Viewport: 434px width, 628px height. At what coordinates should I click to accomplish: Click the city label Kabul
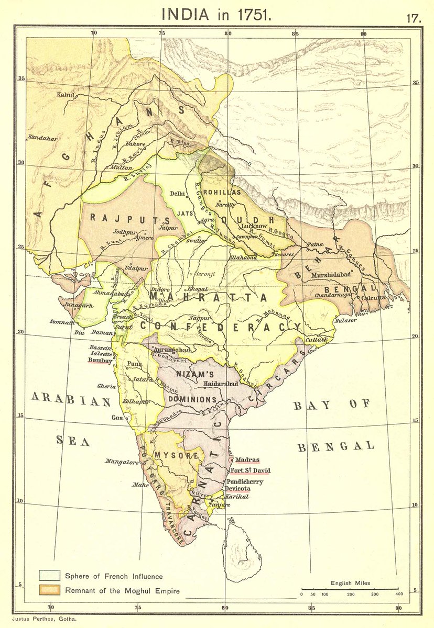tap(67, 95)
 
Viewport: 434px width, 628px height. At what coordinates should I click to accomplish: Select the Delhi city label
tap(178, 193)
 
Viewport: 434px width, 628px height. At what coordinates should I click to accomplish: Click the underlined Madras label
tap(247, 460)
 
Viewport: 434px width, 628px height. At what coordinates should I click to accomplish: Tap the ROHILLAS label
tap(222, 192)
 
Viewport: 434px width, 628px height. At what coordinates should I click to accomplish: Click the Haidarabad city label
tap(221, 384)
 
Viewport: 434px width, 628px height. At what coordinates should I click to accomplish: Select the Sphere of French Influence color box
tap(50, 576)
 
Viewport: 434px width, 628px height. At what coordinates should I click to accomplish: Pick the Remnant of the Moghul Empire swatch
tap(50, 590)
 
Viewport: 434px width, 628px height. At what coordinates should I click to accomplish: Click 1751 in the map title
tap(254, 14)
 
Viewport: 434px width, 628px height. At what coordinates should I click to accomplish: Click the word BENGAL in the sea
tap(335, 446)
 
